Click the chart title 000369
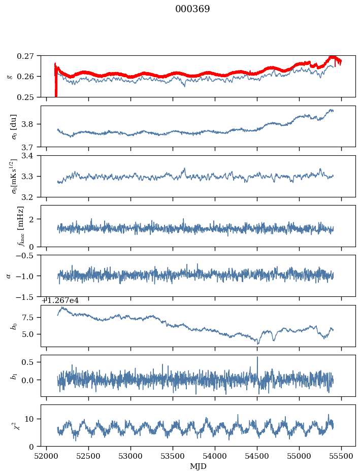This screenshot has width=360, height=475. click(x=192, y=9)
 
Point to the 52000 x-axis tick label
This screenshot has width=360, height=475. click(x=47, y=456)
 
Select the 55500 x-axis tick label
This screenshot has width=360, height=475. click(x=341, y=456)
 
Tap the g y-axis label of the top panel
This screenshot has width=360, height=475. click(x=9, y=76)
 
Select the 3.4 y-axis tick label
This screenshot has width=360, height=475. click(x=32, y=156)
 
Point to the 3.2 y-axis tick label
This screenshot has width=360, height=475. click(x=32, y=197)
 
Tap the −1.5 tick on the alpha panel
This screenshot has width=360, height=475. click(x=28, y=296)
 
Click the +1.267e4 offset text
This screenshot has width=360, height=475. click(x=60, y=300)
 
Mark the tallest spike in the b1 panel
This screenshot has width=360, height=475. click(x=257, y=357)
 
